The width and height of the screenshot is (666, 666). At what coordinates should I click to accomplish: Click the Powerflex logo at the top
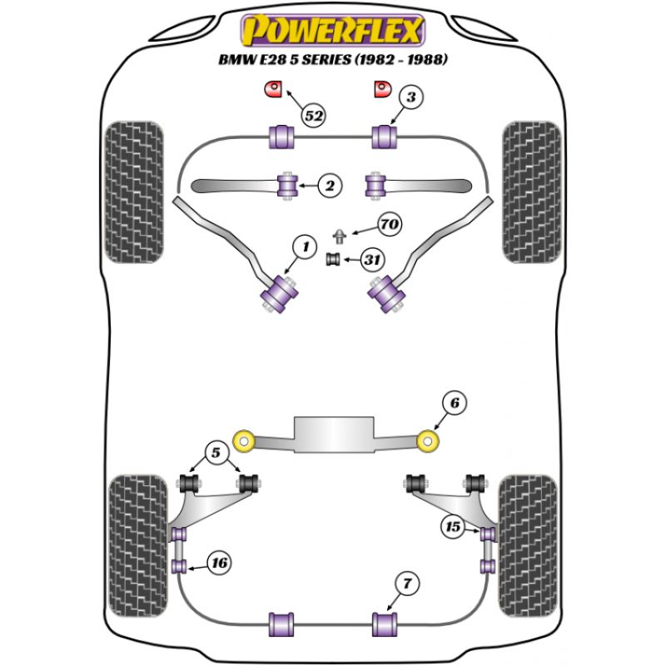click(x=332, y=31)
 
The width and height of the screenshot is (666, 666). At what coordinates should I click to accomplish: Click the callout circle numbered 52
click(x=313, y=116)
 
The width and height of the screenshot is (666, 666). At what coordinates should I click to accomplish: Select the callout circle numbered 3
click(x=410, y=97)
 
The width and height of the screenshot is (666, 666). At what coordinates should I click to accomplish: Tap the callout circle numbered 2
click(x=330, y=186)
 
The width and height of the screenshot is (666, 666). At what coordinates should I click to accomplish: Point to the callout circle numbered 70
click(x=389, y=224)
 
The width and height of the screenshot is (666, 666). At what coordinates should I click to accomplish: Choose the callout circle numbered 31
click(x=373, y=261)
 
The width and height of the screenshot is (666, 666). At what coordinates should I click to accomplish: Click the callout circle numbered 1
click(x=306, y=246)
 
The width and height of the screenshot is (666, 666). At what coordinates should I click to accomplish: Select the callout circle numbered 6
click(x=454, y=404)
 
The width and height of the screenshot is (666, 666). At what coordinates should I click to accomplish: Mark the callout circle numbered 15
click(x=453, y=527)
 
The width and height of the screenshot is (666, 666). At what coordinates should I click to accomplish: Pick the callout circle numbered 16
click(x=218, y=564)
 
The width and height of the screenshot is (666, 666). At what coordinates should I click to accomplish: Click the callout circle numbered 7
click(x=405, y=584)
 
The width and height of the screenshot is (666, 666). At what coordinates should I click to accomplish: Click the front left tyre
click(x=135, y=191)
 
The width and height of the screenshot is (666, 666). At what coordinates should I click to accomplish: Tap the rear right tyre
click(x=527, y=545)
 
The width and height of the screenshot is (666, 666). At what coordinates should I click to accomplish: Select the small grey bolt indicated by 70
click(x=340, y=234)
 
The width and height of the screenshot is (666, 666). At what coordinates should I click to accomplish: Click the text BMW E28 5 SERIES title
click(x=331, y=60)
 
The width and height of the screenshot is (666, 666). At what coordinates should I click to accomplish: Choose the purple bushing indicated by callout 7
click(x=385, y=622)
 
